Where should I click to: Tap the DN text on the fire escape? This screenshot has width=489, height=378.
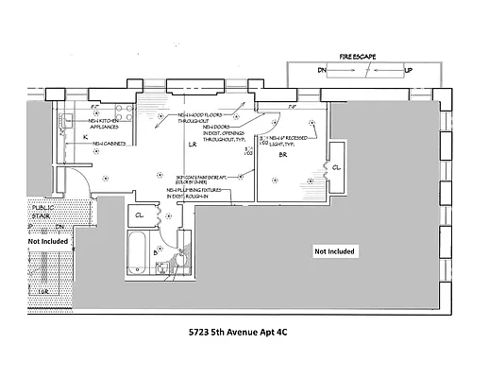(321, 71)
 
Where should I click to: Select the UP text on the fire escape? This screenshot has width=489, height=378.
(409, 71)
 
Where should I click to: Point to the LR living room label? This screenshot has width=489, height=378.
(192, 146)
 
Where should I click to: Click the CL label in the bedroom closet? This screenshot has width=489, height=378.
(337, 170)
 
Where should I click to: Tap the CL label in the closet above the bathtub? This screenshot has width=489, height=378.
(140, 215)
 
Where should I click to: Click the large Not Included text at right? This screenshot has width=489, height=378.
(335, 251)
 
